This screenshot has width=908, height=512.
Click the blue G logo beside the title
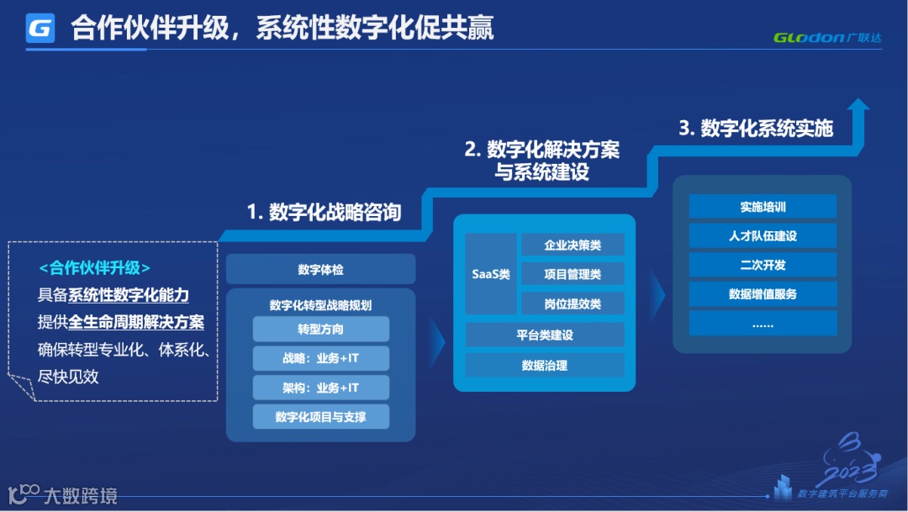click(x=40, y=29)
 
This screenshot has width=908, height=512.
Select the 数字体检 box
click(x=320, y=270)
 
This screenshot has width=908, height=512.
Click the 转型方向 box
click(x=320, y=329)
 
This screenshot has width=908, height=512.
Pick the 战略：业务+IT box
click(x=320, y=358)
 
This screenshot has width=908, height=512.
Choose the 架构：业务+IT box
click(x=320, y=388)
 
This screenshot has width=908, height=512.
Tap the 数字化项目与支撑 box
click(x=320, y=416)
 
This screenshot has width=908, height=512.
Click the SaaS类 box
click(x=490, y=274)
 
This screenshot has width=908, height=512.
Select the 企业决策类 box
click(x=573, y=245)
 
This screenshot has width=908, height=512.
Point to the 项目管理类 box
click(x=573, y=274)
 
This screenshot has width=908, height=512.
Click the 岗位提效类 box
click(x=573, y=303)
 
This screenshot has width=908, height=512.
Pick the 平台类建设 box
click(x=545, y=335)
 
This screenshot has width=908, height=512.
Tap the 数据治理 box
click(x=545, y=365)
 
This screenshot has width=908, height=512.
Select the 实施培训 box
click(x=763, y=207)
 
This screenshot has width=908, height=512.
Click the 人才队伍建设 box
click(x=763, y=236)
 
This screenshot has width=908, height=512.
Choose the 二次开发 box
click(x=763, y=265)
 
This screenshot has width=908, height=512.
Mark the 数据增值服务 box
click(x=763, y=294)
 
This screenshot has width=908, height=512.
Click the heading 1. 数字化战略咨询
click(x=324, y=213)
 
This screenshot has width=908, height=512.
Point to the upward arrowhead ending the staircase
click(x=858, y=106)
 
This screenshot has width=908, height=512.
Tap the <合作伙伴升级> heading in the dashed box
click(x=95, y=268)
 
